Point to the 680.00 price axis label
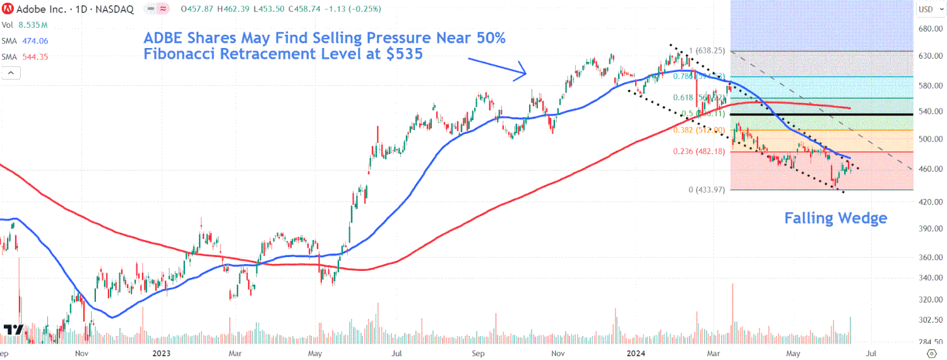(931, 29)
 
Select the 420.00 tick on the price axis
(931, 201)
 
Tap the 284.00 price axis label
(931, 342)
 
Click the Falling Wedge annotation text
(835, 219)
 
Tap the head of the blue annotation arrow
(524, 71)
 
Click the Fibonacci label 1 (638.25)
(707, 51)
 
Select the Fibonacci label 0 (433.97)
(707, 189)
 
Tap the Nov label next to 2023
(81, 354)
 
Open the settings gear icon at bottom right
(931, 353)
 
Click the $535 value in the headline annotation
(402, 54)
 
